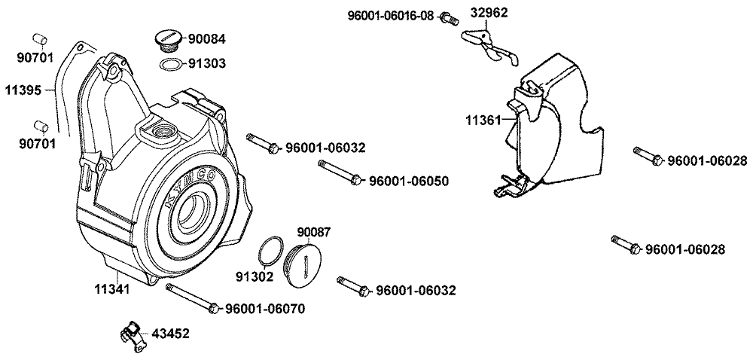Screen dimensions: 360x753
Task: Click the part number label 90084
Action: pos(205,38)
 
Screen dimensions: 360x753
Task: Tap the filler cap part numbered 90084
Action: pos(166,38)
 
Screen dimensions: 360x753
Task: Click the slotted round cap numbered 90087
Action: pos(304,266)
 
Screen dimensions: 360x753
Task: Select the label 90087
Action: pos(314,233)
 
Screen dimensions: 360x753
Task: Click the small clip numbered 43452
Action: pos(133,333)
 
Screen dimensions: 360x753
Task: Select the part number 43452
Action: pos(171,333)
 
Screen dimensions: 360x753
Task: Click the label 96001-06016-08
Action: pos(391,15)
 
